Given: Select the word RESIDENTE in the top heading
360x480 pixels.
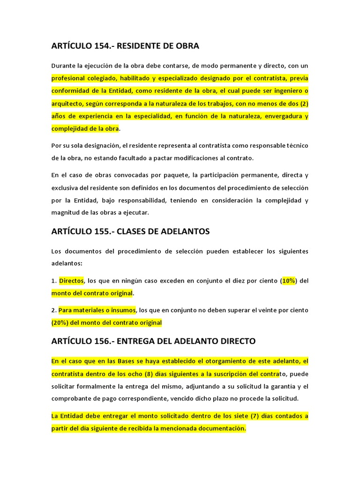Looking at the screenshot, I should tap(138, 46).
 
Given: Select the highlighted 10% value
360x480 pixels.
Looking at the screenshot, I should tap(289, 281).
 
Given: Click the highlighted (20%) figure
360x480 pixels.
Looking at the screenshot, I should tap(61, 322).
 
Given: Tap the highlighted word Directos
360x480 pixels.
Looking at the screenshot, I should tap(71, 281).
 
